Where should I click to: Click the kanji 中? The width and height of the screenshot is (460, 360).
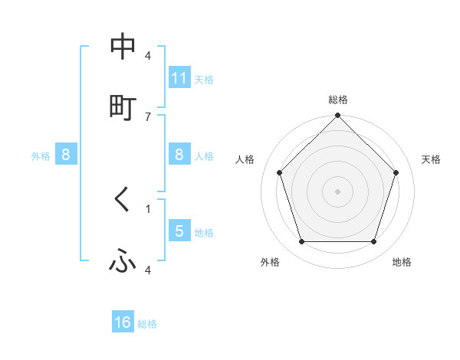point(123,47)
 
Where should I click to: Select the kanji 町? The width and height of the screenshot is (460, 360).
point(123,108)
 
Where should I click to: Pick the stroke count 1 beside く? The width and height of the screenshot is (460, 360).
point(148,208)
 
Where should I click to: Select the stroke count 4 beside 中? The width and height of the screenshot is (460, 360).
point(148,55)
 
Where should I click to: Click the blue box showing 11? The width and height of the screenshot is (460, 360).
point(179,78)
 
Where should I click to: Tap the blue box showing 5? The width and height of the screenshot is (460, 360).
point(179,231)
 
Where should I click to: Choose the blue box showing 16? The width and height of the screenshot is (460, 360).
point(123,322)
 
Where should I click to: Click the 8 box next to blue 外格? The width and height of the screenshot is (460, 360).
point(66,155)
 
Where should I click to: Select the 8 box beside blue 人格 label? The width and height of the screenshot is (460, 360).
point(179,155)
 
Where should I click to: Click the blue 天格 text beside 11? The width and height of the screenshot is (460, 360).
point(204,79)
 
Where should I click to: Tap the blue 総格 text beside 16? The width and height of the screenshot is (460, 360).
point(147,324)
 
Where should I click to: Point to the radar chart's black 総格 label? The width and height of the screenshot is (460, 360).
point(338,100)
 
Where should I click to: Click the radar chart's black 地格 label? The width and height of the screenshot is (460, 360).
point(402,263)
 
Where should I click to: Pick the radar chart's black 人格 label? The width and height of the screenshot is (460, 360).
point(245,159)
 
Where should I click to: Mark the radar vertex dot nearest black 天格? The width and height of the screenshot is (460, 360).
point(396,172)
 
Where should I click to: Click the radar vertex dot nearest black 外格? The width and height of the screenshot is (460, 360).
point(301,242)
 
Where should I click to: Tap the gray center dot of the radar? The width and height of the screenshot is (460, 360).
point(338,191)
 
